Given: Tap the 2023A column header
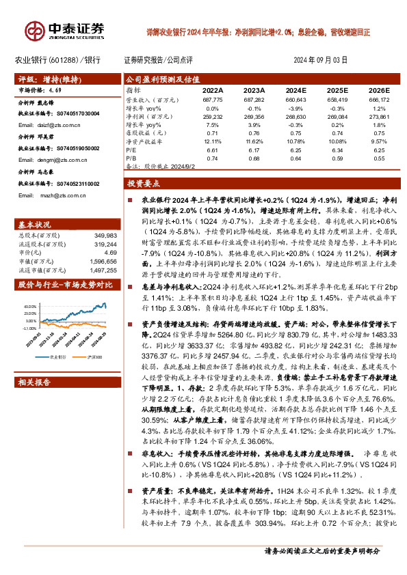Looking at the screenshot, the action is pos(254,90).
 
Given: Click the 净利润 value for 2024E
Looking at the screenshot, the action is pos(296,117).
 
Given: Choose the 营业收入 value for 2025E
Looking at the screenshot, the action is pos(336,100).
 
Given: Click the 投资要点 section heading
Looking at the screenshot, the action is pos(144,184).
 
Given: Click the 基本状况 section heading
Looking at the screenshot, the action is pos(34,225).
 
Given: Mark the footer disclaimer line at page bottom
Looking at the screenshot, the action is pos(321,552).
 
